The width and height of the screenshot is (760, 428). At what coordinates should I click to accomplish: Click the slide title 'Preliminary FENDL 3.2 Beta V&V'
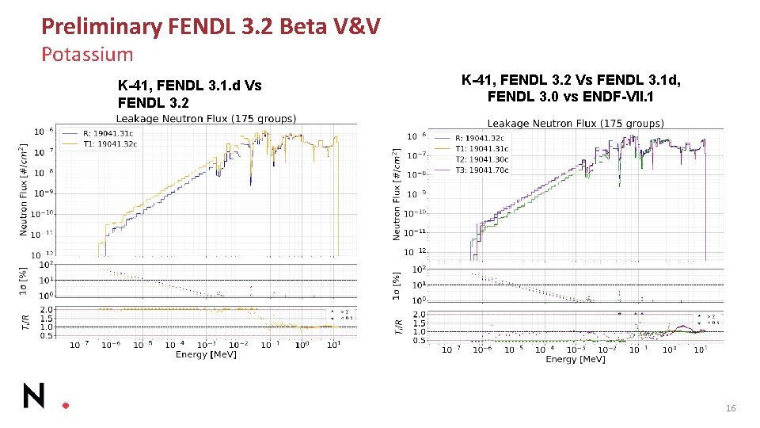211,27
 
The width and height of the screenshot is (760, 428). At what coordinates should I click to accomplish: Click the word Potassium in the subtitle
87,55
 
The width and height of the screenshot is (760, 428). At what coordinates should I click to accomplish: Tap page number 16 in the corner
731,408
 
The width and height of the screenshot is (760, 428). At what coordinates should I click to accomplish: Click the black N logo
34,396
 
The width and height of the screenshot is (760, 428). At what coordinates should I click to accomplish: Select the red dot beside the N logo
66,404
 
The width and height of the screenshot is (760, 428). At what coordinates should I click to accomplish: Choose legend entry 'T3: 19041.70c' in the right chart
481,170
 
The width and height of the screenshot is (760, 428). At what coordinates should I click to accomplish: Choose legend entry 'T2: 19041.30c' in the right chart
481,159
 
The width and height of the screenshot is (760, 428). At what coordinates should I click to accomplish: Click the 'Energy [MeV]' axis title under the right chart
576,359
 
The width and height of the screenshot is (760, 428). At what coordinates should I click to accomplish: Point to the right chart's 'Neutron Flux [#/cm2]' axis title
397,194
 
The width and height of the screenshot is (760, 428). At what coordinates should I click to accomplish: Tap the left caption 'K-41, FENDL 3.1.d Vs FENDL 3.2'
189,94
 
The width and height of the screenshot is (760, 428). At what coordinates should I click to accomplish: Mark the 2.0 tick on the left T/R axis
47,310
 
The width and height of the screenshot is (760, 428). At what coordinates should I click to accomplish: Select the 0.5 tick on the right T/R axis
420,341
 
